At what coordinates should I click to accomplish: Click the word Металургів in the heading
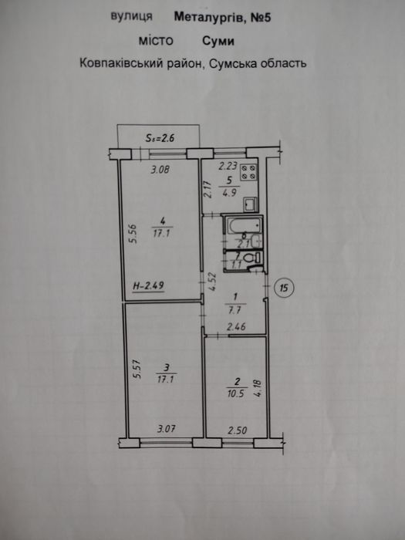click(x=210, y=17)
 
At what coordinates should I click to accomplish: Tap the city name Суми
click(x=218, y=42)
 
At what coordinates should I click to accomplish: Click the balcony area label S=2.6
click(x=160, y=138)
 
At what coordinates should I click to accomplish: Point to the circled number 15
click(x=284, y=287)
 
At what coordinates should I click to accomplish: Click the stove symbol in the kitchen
click(x=248, y=172)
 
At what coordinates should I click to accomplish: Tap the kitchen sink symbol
click(x=250, y=204)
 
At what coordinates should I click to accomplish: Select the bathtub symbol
click(x=243, y=225)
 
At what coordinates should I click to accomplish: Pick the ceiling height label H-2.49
click(x=148, y=285)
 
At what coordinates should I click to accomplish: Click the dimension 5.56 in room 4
click(x=133, y=234)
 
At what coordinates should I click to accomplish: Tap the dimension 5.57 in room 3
click(x=137, y=369)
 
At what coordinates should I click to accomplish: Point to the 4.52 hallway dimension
click(x=212, y=282)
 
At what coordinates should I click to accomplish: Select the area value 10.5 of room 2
click(x=235, y=393)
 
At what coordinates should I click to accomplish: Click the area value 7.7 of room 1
click(x=236, y=309)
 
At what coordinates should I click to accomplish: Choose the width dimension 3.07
click(x=167, y=429)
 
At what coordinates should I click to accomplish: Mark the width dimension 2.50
click(x=238, y=430)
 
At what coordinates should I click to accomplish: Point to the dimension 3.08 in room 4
click(x=160, y=169)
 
